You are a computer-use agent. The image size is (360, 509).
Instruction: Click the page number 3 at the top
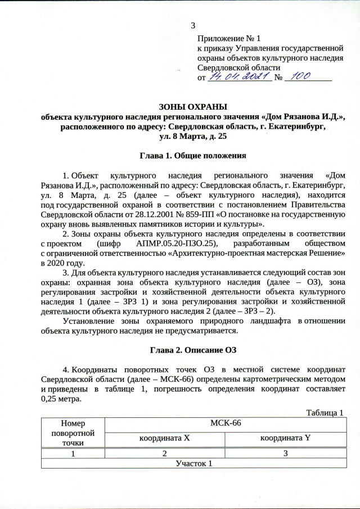point(193,25)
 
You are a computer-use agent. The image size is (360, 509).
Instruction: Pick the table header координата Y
point(285,438)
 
